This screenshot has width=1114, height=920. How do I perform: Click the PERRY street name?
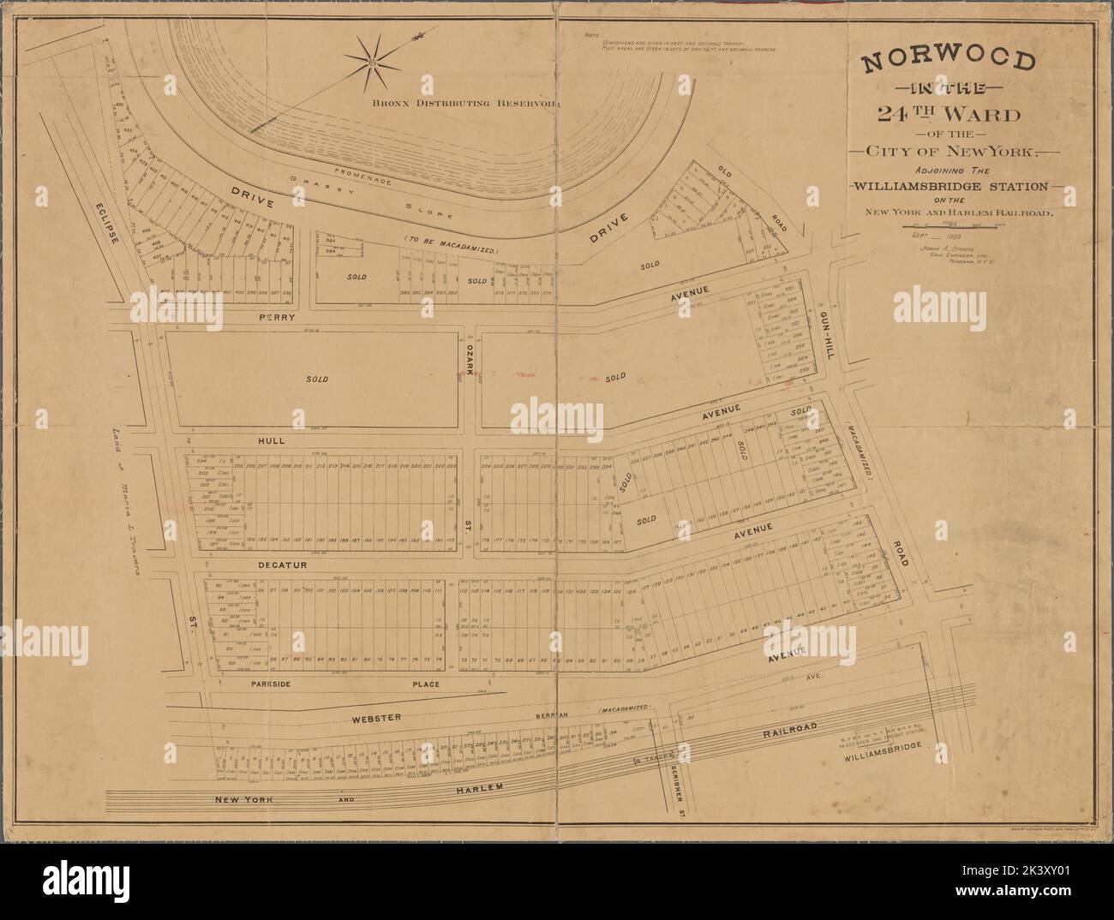(x=276, y=317)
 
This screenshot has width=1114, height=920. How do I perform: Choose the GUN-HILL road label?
(x=827, y=338)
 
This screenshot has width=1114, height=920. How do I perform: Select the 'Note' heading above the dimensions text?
(x=590, y=34)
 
